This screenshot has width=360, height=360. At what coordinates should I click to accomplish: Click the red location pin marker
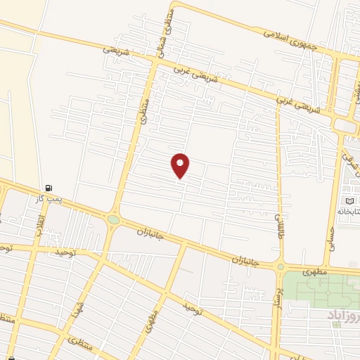pos(181,165)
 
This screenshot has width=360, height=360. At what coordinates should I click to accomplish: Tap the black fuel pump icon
pos(48,188)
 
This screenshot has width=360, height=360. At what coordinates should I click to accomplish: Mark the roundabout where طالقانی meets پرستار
pos(281,266)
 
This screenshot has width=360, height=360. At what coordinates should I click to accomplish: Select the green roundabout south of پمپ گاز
pos(113,220)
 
